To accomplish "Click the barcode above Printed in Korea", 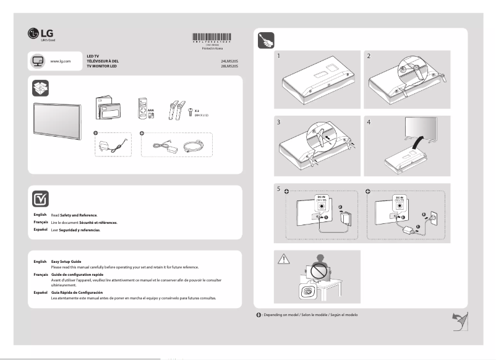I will click(x=212, y=36).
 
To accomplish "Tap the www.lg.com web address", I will click(x=61, y=62).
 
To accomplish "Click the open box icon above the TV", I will click(x=40, y=88).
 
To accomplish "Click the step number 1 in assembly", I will click(x=279, y=56).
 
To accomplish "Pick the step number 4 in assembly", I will click(x=369, y=122).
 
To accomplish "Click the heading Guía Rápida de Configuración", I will click(x=77, y=292).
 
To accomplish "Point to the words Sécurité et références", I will click(x=96, y=222).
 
